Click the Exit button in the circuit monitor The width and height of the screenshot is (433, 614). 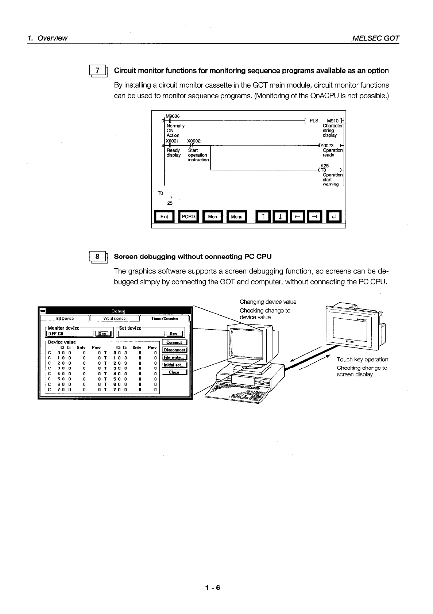coord(164,216)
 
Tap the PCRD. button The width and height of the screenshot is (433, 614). coord(189,216)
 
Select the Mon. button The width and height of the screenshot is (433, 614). coord(213,216)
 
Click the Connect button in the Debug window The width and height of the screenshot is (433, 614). coord(174,342)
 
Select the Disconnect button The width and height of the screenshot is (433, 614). coord(174,350)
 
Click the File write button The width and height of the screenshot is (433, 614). coord(174,357)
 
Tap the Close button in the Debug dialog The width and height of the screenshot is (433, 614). coord(174,372)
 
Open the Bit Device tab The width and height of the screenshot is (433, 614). coord(65,318)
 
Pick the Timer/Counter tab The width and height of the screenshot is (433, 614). coord(165,318)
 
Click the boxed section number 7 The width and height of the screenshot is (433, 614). coord(97,70)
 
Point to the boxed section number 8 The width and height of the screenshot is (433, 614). coord(97,257)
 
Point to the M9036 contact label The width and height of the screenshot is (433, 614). coord(173,116)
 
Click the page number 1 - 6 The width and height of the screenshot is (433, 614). coord(213,588)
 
